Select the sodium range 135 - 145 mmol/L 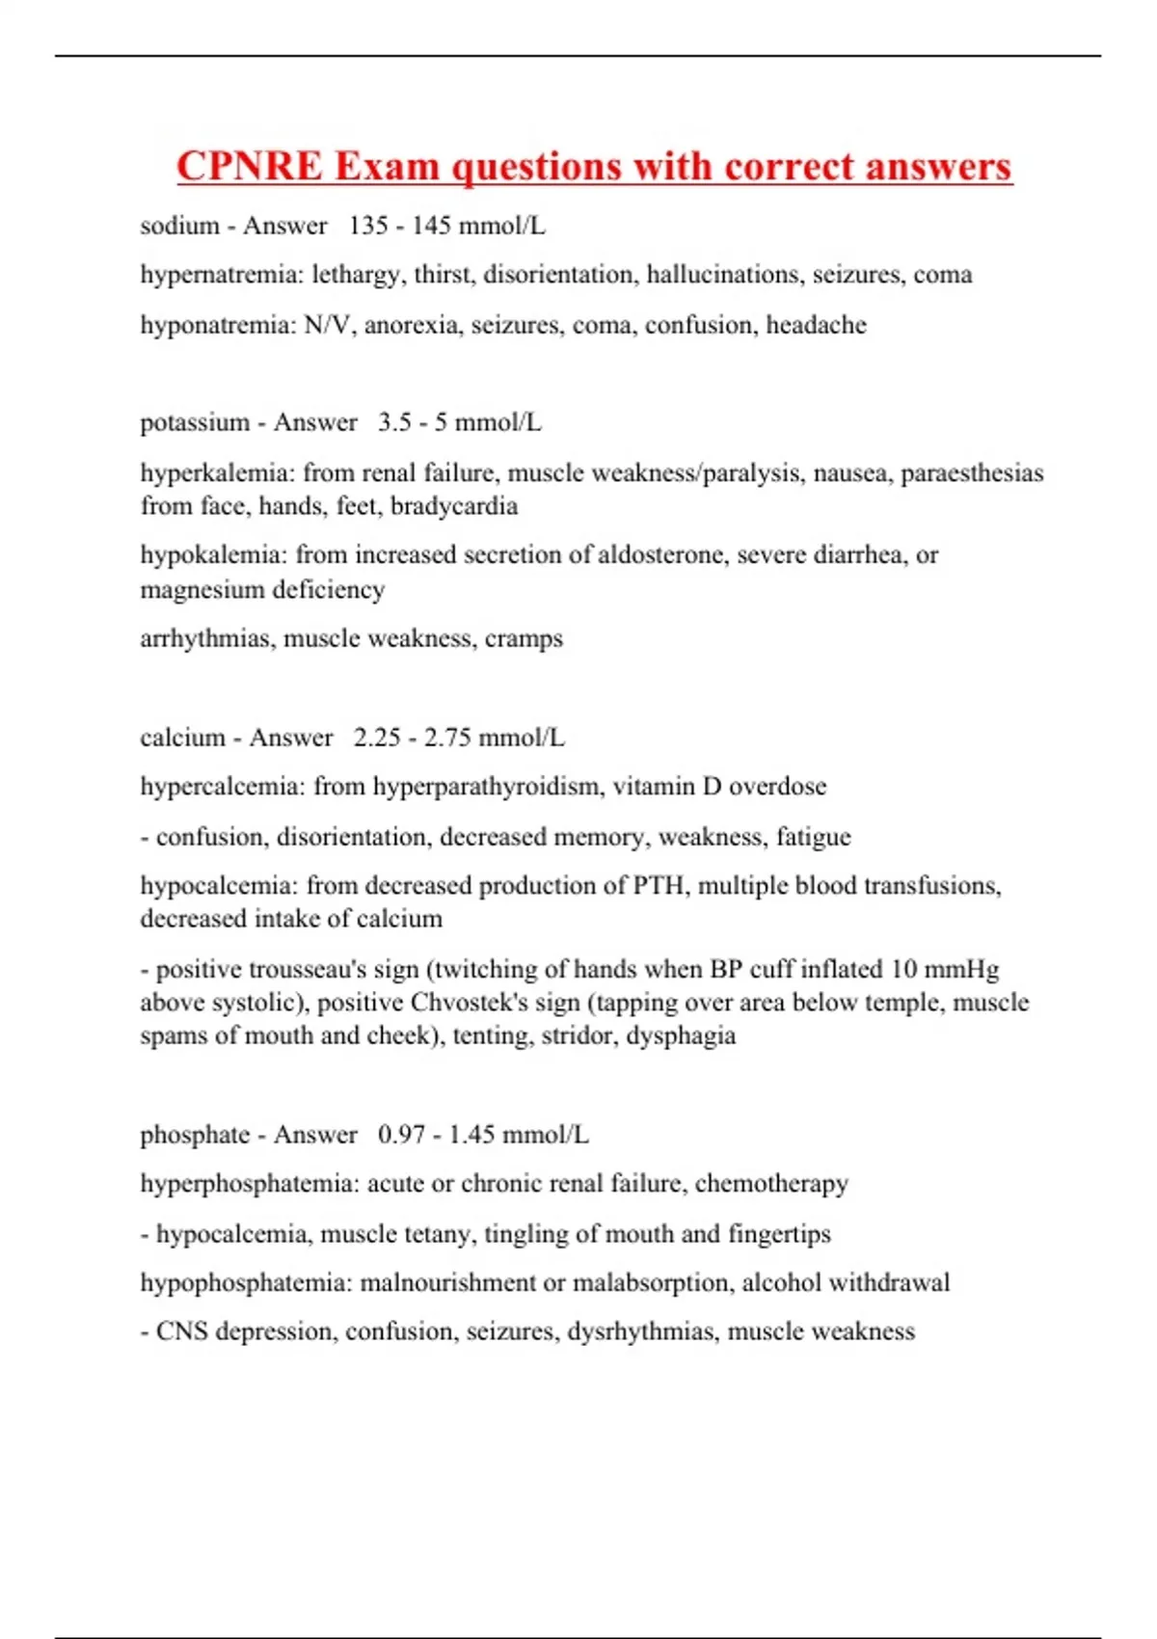(446, 226)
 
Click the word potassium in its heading (195, 422)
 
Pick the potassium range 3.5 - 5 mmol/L (459, 422)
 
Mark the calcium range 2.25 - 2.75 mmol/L (459, 738)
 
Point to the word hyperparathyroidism (485, 787)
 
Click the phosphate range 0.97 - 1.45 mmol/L (483, 1135)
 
